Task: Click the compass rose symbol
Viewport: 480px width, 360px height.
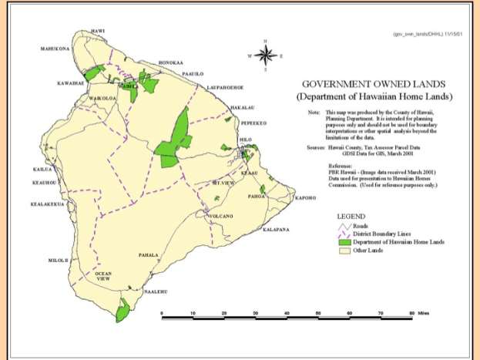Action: [266, 55]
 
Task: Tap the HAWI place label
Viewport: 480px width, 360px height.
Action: [98, 31]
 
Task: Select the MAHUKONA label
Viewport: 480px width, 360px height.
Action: [55, 49]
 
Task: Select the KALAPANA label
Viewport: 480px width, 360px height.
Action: [275, 230]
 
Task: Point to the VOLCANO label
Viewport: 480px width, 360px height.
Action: [222, 217]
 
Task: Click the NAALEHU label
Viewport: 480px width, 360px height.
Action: [156, 291]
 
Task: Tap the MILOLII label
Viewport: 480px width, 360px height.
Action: [59, 261]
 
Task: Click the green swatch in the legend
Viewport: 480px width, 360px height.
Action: [343, 241]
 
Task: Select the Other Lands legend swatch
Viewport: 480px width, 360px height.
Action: [343, 251]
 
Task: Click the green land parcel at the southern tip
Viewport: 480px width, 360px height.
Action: [123, 311]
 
